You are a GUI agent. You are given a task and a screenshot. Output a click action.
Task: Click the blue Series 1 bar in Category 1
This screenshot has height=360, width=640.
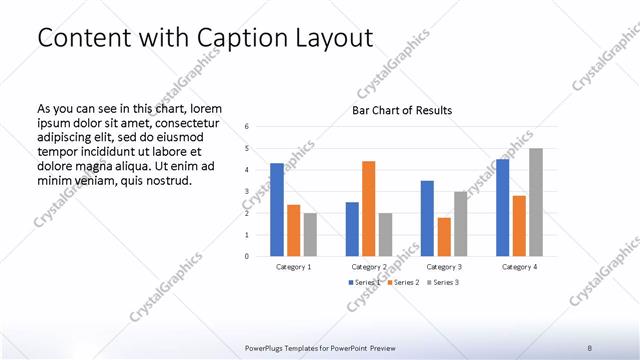[277, 209]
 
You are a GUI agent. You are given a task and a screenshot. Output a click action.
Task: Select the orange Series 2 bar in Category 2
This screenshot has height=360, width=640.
[368, 208]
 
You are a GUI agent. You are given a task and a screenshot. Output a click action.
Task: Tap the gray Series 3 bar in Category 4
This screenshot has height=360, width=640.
[536, 202]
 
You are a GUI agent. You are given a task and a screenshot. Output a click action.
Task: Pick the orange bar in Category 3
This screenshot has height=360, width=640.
[444, 236]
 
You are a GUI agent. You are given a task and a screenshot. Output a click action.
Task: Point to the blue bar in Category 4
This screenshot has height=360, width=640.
[502, 207]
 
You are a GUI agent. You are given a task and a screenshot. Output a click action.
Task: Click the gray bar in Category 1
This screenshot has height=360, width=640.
[310, 234]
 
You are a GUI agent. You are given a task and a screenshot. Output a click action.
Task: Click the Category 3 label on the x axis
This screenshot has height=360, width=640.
[443, 267]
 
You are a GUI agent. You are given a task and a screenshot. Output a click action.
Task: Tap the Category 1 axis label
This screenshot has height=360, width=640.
[293, 267]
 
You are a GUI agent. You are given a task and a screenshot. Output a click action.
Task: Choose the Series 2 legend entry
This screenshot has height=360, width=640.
[402, 283]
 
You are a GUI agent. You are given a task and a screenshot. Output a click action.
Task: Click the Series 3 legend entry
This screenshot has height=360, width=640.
[444, 283]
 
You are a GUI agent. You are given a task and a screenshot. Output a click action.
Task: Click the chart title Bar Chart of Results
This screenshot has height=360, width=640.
[402, 110]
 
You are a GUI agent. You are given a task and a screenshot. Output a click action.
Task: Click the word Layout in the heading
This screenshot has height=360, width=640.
[329, 38]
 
